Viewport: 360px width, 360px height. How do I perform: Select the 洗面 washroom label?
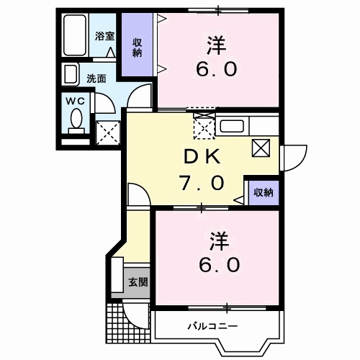[x=98, y=78]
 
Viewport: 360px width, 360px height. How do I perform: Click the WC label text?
[x=76, y=102]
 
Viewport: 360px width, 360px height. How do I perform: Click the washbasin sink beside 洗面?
[x=71, y=74]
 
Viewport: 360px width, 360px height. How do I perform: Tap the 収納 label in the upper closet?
[x=136, y=47]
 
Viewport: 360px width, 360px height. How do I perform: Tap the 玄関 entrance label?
[x=138, y=282]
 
